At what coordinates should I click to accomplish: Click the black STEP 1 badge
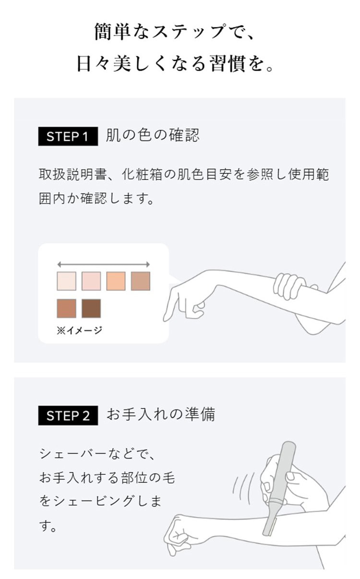click(68, 136)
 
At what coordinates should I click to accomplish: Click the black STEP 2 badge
click(68, 415)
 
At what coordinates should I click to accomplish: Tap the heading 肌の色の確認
click(152, 136)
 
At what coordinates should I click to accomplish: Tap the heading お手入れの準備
click(160, 415)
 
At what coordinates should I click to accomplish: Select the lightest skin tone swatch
click(66, 281)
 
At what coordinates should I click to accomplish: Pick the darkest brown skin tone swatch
click(91, 308)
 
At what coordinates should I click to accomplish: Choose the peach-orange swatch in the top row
click(116, 281)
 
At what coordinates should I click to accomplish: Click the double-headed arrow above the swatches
click(103, 264)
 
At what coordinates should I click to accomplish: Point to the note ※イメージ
click(79, 330)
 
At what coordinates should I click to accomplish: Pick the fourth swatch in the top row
click(141, 281)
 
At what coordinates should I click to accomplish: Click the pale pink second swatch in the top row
click(91, 281)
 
